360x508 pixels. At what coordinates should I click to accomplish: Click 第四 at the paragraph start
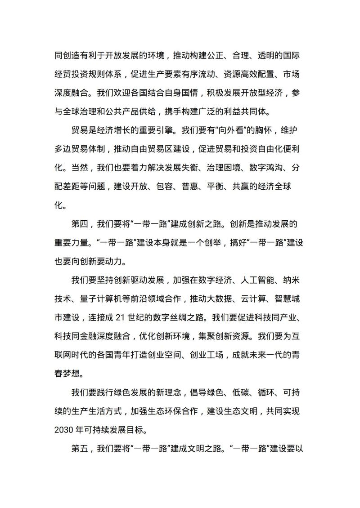[x=80, y=223]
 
